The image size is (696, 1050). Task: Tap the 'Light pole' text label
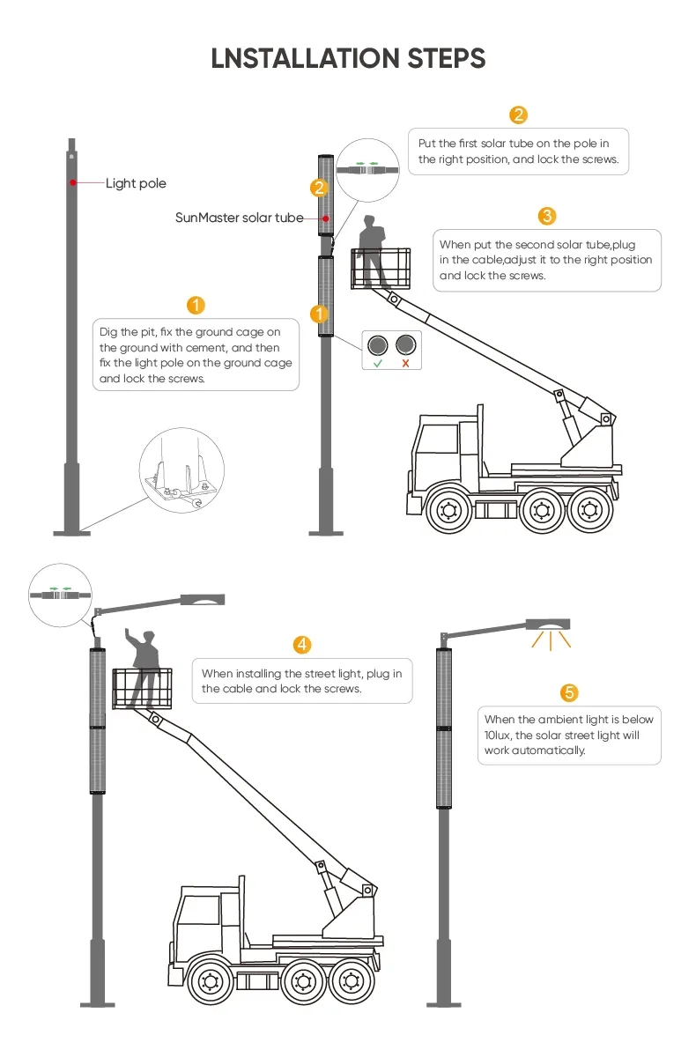[x=136, y=183]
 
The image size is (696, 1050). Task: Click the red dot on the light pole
[x=74, y=182]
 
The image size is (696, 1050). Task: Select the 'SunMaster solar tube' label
[x=239, y=218]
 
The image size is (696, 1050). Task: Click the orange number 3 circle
[x=546, y=216]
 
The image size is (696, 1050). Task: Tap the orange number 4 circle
[x=302, y=645]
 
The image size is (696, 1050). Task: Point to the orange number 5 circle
[x=570, y=691]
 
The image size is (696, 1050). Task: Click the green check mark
[x=378, y=363]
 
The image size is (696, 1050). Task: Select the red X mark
[x=405, y=363]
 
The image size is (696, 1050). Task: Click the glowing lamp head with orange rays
[x=548, y=625]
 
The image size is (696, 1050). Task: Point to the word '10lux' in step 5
[x=499, y=735]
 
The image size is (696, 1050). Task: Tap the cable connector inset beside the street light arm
[x=61, y=595]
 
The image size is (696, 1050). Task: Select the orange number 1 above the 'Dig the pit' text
[x=196, y=305]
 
